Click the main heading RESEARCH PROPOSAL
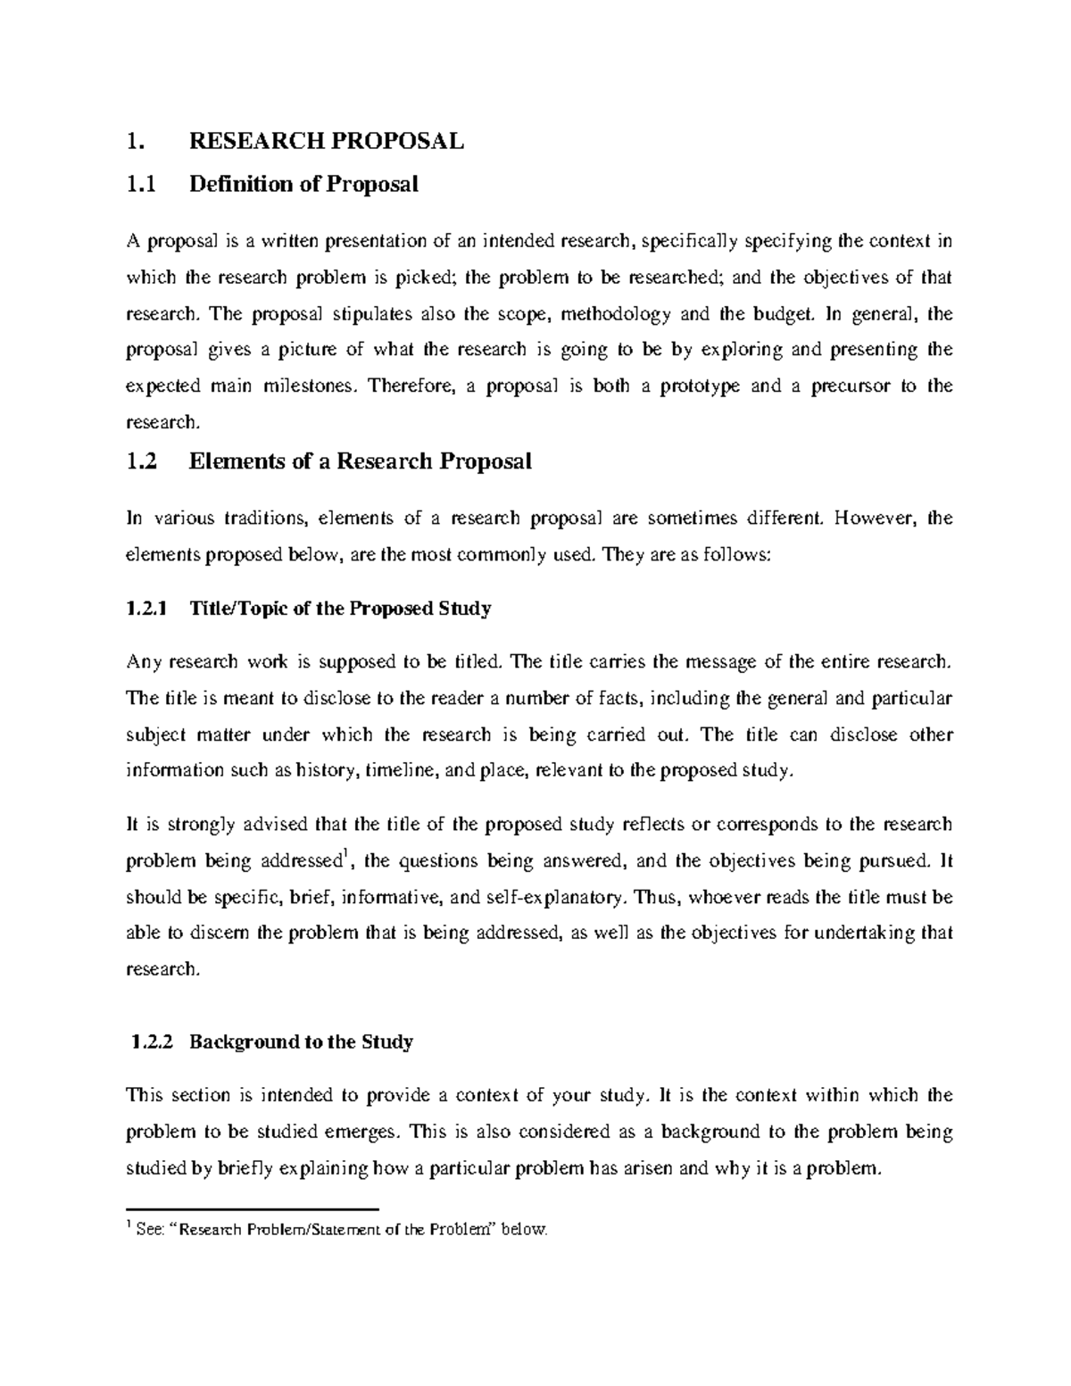(327, 141)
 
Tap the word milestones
(314, 386)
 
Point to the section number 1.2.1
(147, 610)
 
